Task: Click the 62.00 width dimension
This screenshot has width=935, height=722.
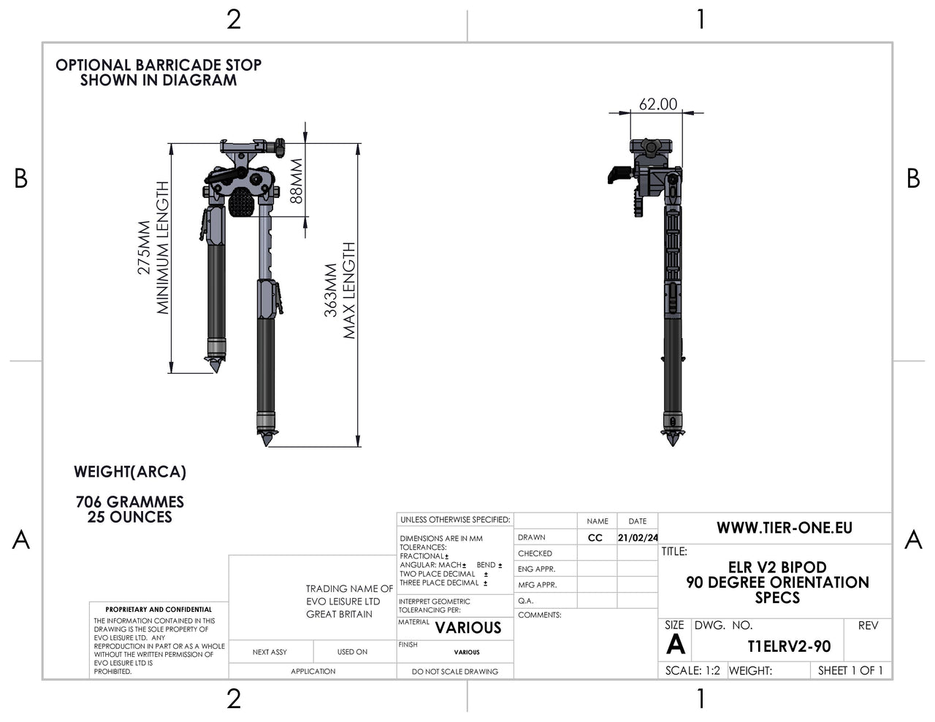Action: click(x=657, y=104)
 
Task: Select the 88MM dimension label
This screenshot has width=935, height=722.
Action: click(x=295, y=182)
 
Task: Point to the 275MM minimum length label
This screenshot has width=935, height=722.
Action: click(x=153, y=248)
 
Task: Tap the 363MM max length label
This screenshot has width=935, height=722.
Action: click(x=340, y=291)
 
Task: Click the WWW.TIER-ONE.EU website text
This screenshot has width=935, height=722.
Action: click(x=784, y=528)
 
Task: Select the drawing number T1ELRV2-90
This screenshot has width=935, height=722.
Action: click(x=789, y=647)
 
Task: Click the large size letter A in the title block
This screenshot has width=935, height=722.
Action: click(x=676, y=645)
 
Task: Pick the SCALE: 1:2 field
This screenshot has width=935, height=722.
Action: click(x=692, y=670)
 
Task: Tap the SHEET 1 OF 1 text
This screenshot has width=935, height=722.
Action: click(x=850, y=670)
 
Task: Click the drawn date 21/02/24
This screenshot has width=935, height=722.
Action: click(x=638, y=538)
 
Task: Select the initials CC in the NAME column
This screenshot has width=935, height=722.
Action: click(x=595, y=538)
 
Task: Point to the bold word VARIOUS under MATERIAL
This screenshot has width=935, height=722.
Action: click(x=468, y=628)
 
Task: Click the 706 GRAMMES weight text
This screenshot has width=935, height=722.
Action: click(x=130, y=502)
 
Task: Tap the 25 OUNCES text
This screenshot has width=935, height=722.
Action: click(x=130, y=517)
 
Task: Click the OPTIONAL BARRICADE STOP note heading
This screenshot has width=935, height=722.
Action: click(x=159, y=65)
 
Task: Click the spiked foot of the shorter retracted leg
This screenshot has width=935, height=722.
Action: click(x=216, y=364)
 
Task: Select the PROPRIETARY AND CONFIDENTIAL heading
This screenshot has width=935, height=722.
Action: click(x=159, y=609)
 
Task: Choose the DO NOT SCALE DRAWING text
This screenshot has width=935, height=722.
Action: click(x=454, y=672)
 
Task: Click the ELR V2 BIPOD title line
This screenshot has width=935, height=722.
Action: click(x=777, y=567)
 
